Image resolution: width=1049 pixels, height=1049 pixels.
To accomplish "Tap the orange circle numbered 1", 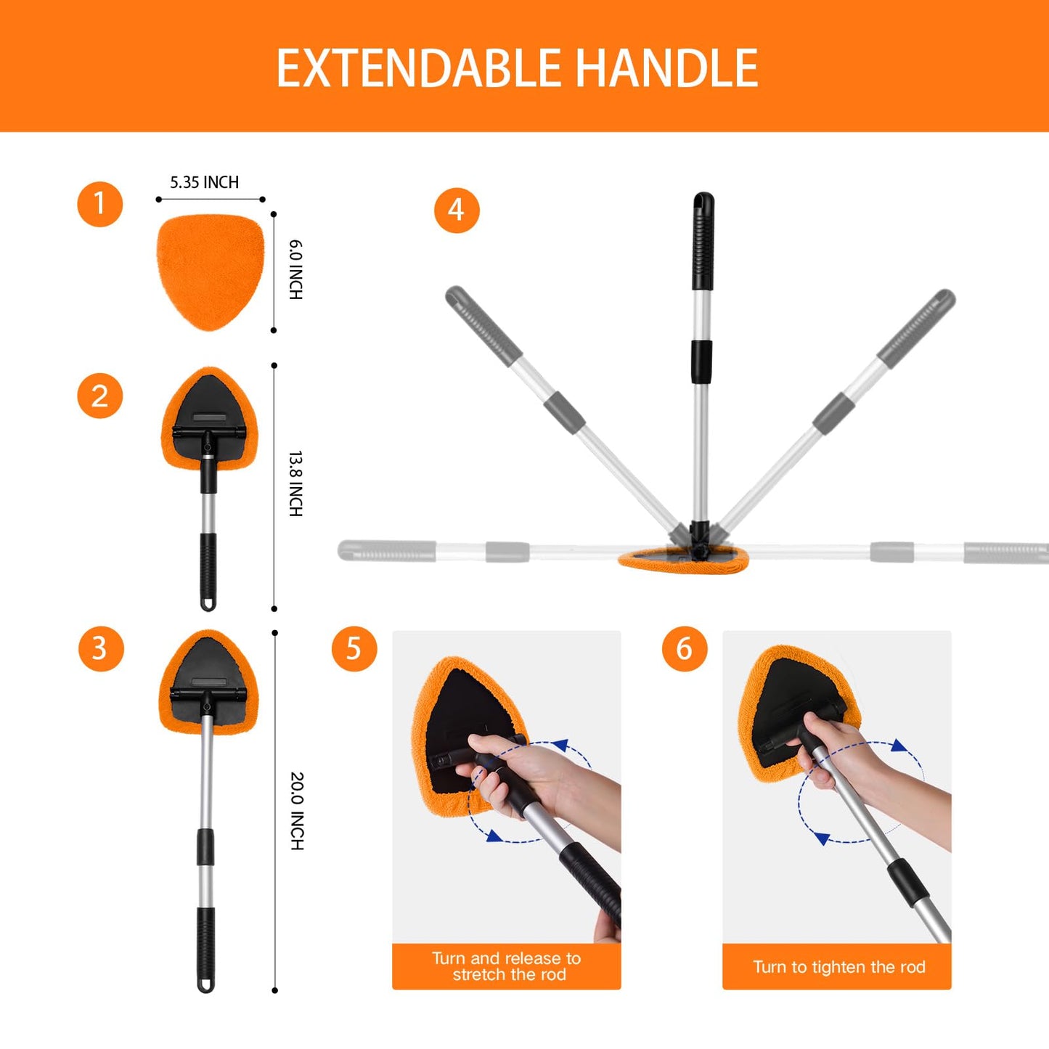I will coord(100,204).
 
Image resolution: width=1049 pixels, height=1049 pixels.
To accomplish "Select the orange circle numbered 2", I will coord(100,396).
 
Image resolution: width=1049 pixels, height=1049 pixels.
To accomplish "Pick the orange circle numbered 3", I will coord(101,648).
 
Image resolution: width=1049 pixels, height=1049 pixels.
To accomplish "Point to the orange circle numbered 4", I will coord(457,211).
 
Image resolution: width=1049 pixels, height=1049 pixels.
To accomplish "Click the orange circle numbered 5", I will coord(354,648).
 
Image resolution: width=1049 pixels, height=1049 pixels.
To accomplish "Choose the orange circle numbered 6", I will coord(685,648).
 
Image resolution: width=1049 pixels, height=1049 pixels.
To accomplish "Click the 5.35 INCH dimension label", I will coord(204,182).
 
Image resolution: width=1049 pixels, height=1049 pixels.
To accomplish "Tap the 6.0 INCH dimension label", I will coord(295,269).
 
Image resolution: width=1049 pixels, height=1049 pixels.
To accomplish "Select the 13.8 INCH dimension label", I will coord(295,483).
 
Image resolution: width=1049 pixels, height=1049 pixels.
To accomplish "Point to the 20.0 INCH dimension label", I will coord(297,811).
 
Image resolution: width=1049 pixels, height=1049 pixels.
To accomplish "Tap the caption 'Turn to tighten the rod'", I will coord(838,967).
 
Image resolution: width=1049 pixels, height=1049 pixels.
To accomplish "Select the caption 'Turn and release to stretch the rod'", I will coord(507,966).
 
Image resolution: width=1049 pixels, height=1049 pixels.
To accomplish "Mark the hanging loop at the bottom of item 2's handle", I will coord(208,603).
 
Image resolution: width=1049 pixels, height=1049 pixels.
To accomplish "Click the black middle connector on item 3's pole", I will coord(206,847).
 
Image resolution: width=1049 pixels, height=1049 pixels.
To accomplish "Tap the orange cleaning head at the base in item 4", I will coord(682,561).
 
